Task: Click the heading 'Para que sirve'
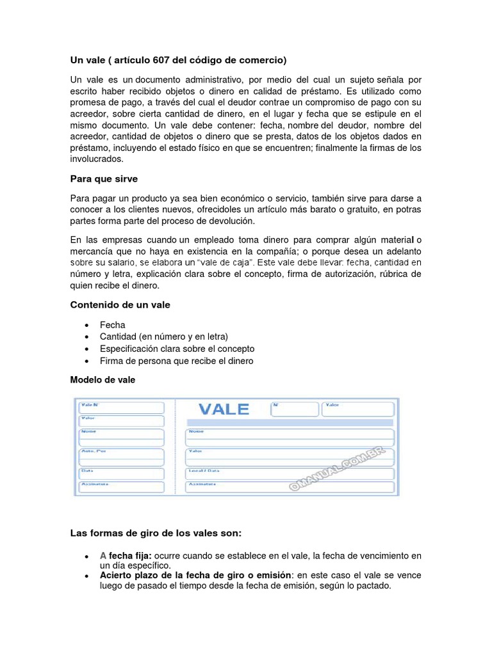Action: pyautogui.click(x=104, y=178)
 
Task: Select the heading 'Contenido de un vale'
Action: pyautogui.click(x=120, y=305)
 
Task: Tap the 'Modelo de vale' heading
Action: pyautogui.click(x=102, y=379)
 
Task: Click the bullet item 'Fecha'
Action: pyautogui.click(x=113, y=325)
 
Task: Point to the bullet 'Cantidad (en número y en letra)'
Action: pyautogui.click(x=164, y=336)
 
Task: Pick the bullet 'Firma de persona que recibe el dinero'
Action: pyautogui.click(x=177, y=361)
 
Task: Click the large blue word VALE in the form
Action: pyautogui.click(x=224, y=409)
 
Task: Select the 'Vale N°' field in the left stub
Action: pyautogui.click(x=121, y=407)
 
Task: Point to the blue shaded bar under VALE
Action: pyautogui.click(x=289, y=423)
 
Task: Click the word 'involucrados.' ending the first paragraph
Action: pyautogui.click(x=96, y=159)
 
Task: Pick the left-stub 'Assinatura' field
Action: pyautogui.click(x=121, y=488)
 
